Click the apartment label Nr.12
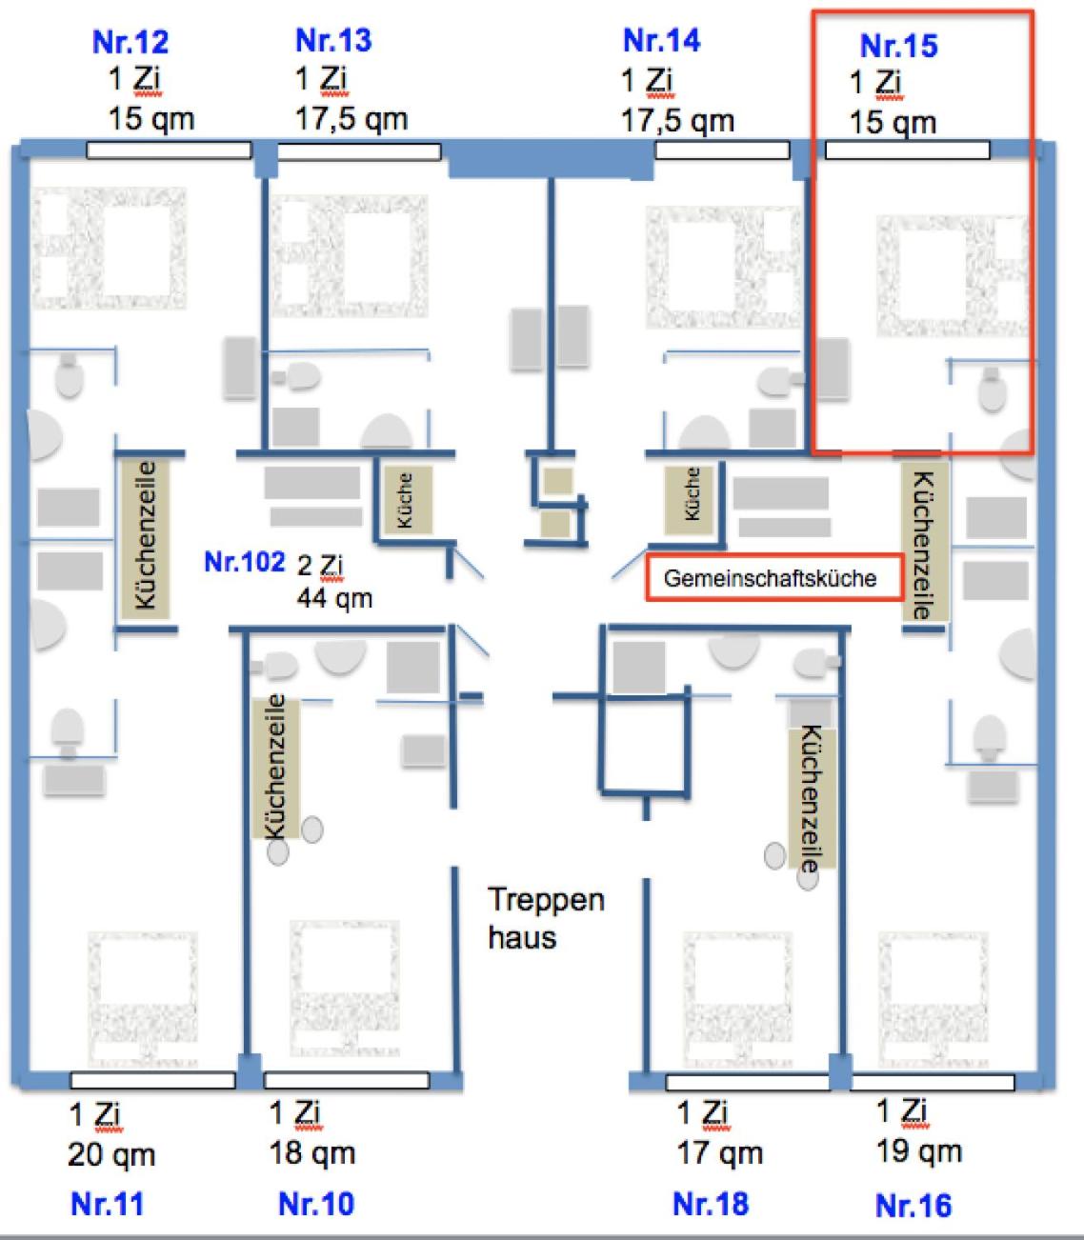130,42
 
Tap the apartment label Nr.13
333,41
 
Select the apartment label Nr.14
661,41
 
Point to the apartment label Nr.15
898,46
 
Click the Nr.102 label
244,561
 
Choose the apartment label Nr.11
107,1204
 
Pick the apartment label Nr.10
316,1204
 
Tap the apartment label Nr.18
711,1204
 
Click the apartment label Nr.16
913,1206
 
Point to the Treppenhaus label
546,918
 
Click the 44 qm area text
334,598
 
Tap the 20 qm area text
111,1155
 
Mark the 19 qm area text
919,1151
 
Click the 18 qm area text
312,1153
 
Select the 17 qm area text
720,1153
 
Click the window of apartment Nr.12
169,150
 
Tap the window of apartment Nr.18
747,1082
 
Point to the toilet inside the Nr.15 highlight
992,390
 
